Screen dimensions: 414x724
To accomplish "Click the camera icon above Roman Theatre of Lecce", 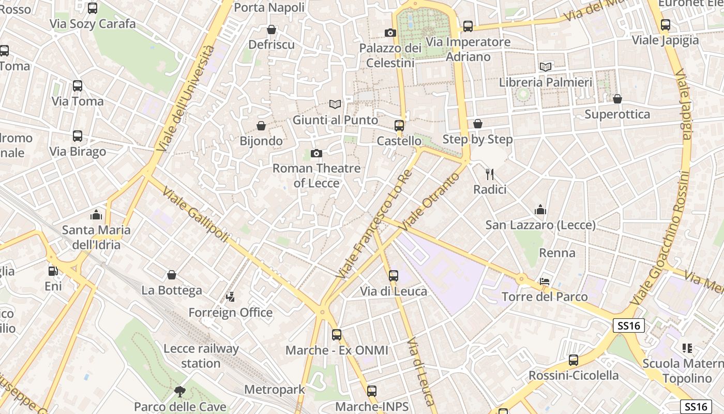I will tap(316, 153).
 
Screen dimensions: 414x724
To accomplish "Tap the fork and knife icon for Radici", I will tap(490, 174).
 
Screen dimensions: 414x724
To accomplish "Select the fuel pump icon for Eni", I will tap(52, 271).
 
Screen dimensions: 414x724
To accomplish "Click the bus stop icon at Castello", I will tap(399, 126).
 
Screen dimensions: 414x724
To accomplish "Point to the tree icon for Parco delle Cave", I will tap(179, 391).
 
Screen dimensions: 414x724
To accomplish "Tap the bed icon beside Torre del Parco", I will tap(545, 282).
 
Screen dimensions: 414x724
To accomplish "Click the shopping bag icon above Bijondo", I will tap(261, 126).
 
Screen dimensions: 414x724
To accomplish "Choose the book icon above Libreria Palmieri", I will tap(546, 67).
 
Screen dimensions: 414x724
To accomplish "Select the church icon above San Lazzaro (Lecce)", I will tap(540, 210).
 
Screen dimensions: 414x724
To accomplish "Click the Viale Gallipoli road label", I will tap(195, 215).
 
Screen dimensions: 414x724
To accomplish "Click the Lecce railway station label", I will tap(201, 356).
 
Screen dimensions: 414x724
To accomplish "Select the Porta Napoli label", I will tap(269, 8).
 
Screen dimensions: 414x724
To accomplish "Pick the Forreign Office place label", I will tap(230, 313).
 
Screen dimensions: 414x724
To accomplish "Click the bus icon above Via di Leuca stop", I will tap(394, 276).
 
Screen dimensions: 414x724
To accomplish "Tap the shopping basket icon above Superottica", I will tap(617, 99).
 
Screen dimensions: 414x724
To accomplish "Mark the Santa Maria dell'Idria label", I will tap(96, 237).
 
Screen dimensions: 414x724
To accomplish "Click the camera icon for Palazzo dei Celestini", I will tap(390, 33).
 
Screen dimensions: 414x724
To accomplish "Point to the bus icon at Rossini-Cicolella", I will tap(573, 360).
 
